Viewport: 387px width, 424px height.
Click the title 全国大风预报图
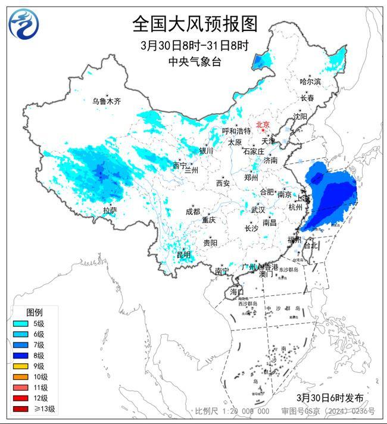[x=194, y=24]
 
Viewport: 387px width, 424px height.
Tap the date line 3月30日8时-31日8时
[x=194, y=45]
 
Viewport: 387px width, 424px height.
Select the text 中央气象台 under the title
[x=194, y=62]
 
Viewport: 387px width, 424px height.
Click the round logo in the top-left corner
[x=22, y=23]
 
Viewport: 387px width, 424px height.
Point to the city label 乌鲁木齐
[x=106, y=102]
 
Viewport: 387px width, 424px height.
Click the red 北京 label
[x=263, y=124]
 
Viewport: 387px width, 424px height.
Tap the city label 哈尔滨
[x=310, y=81]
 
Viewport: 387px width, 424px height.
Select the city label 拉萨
[x=110, y=210]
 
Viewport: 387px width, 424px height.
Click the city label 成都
[x=192, y=212]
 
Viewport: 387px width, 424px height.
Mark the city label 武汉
[x=258, y=210]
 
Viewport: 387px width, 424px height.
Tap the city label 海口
[x=236, y=292]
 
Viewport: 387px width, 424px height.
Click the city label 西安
[x=223, y=183]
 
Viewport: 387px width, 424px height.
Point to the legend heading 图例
[x=34, y=312]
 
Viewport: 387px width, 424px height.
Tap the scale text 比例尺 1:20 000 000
[x=232, y=411]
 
